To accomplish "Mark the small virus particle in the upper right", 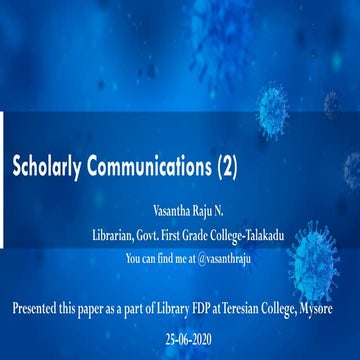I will click(x=331, y=104).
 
